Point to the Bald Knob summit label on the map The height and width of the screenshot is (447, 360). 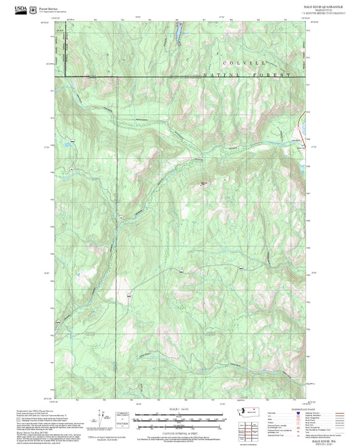coord(205,182)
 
